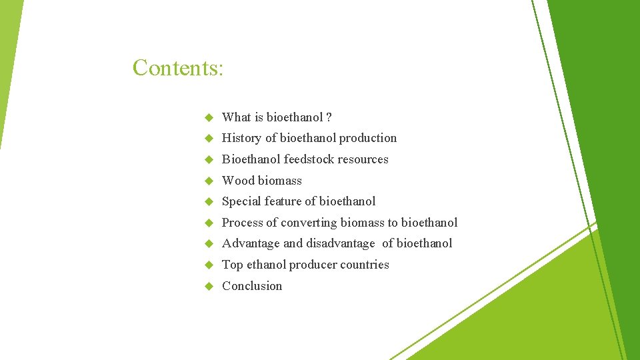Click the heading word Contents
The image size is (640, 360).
[x=177, y=67]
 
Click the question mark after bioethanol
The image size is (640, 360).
[x=329, y=117]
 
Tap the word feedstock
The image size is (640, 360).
[x=309, y=159]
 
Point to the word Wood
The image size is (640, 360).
[x=238, y=181]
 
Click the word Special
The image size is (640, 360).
[x=241, y=201]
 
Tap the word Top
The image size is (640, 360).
[x=232, y=265]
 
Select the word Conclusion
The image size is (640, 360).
[x=252, y=286]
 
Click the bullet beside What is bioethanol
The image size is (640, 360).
[x=208, y=118]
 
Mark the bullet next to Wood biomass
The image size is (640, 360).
[x=208, y=181]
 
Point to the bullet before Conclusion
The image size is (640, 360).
[x=208, y=286]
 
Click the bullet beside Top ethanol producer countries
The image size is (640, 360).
[x=208, y=265]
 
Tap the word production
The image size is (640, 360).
[x=367, y=138]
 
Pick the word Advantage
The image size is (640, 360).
[x=251, y=243]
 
